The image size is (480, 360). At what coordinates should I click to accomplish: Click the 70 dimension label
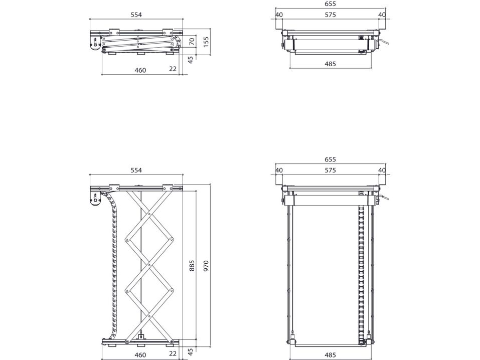[192, 41]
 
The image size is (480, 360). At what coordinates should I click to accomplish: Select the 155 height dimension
[206, 42]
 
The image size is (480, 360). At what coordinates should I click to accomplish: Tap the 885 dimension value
[192, 266]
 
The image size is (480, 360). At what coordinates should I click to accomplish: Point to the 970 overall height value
[206, 266]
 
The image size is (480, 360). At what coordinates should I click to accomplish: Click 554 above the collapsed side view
[136, 15]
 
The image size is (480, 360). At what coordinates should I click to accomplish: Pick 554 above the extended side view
[136, 170]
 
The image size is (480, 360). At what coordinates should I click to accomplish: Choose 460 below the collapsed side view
[140, 70]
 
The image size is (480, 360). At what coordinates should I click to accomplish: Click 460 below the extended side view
[140, 355]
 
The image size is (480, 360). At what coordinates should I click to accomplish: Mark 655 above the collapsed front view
[331, 4]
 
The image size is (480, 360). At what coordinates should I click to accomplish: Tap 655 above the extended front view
[331, 159]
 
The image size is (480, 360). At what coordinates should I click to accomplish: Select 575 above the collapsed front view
[331, 15]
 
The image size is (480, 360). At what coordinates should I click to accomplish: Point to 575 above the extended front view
[331, 170]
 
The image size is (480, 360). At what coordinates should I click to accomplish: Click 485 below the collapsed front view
[331, 64]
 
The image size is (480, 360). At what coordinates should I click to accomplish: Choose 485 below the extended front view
[331, 355]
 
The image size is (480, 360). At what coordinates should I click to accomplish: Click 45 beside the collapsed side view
[191, 60]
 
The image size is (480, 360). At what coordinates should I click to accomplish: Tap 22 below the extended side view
[173, 353]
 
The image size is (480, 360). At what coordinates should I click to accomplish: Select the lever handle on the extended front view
[384, 199]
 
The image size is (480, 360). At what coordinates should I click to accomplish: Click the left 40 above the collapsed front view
[279, 15]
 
